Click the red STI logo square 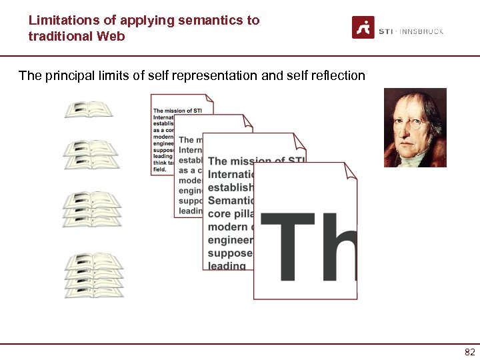(x=363, y=27)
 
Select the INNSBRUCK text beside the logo (x=422, y=31)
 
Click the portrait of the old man (x=415, y=127)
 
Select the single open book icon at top (x=89, y=109)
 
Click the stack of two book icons (x=91, y=155)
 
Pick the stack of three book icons (x=93, y=209)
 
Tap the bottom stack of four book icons (x=94, y=274)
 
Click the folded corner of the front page (x=350, y=170)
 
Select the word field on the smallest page (x=160, y=169)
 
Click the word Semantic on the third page (x=231, y=201)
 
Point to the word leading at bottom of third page (x=227, y=265)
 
